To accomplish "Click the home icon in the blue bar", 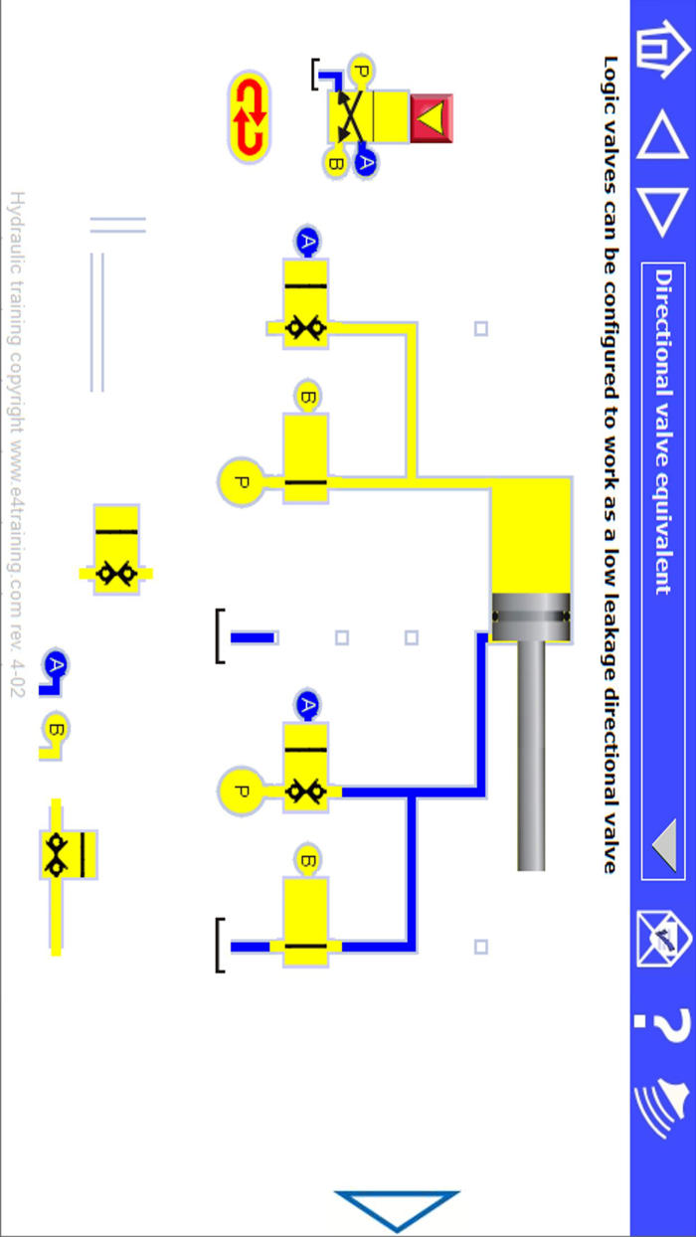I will pos(660,52).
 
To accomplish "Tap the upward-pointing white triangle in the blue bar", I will pos(661,135).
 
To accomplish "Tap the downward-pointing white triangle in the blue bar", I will pos(661,211).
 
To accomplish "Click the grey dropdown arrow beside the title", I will pos(663,846).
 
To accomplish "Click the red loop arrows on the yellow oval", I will pos(249,117).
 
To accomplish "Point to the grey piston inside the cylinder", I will pos(532,618).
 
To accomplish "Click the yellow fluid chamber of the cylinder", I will pos(532,537).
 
